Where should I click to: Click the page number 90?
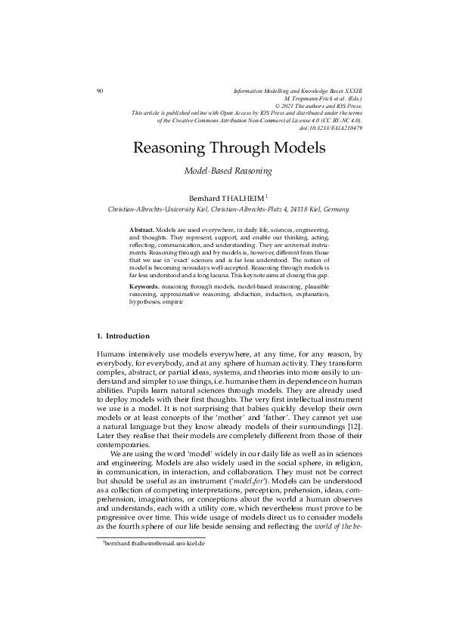[x=100, y=91]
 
